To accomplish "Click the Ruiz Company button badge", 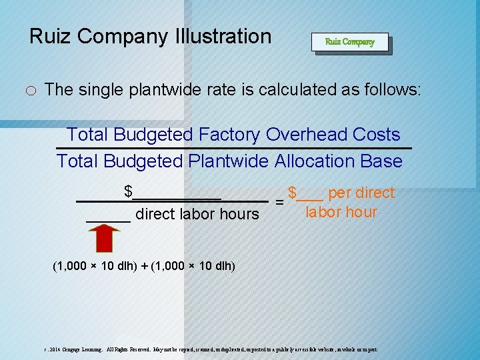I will (350, 42).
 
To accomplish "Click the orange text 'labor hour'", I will (341, 213).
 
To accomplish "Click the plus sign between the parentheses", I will (145, 266).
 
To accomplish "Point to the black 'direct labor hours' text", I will (197, 214).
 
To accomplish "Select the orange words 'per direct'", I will (361, 193).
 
